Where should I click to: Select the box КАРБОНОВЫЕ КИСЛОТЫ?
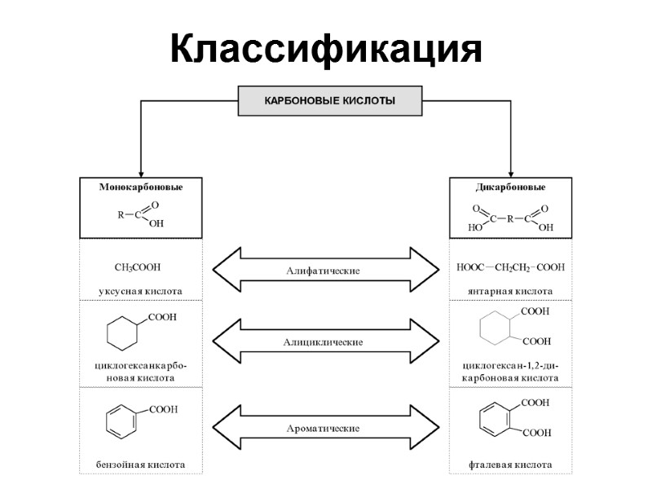tap(329, 102)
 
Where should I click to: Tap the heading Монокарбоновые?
tap(141, 187)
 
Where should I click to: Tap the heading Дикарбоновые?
tap(511, 187)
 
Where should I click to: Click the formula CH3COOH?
tap(138, 267)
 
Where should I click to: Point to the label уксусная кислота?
tap(140, 290)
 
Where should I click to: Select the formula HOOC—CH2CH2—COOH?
tap(511, 267)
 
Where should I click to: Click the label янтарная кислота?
tap(511, 290)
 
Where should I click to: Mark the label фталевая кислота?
tap(511, 465)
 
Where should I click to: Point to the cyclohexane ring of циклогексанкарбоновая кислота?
tap(125, 333)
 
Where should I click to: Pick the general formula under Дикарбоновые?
tap(511, 217)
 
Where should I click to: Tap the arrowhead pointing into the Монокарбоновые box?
tap(141, 172)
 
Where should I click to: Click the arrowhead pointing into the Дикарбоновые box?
tap(511, 172)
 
